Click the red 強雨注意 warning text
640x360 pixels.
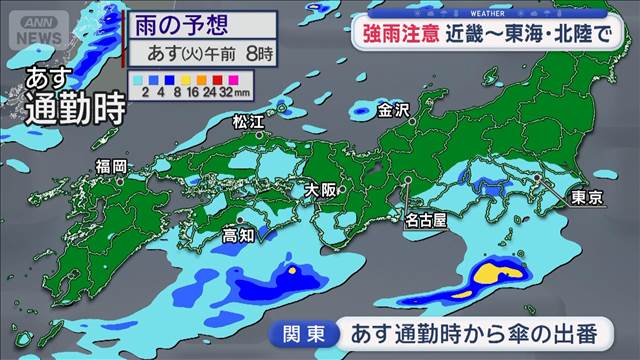(x=400, y=32)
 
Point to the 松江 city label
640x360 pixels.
(x=247, y=122)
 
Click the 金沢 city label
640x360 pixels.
(x=393, y=112)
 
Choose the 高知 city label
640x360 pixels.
(x=238, y=236)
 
